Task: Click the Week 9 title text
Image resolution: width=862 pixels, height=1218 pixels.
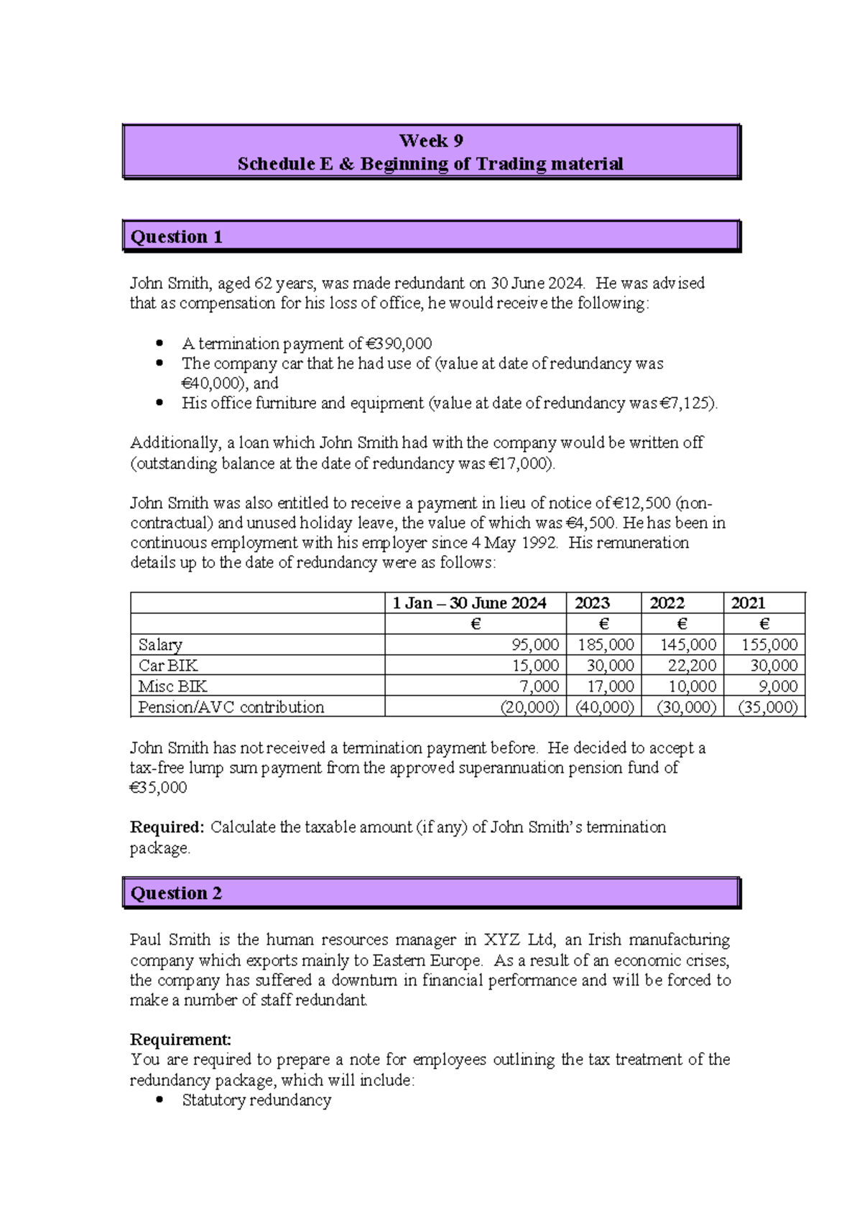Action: (430, 141)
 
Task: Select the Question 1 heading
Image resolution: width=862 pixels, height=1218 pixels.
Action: (176, 237)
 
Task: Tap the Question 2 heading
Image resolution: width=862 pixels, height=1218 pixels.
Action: (176, 893)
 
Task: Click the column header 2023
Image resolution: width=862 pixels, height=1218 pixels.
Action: (592, 603)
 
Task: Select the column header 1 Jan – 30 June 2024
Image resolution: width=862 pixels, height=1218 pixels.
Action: (469, 603)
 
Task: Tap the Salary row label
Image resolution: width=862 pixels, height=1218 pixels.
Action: (160, 645)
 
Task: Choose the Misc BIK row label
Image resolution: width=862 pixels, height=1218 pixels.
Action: (172, 687)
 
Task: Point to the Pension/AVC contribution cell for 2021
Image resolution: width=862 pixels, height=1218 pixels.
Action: (768, 707)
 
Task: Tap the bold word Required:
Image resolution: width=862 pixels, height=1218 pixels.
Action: (167, 827)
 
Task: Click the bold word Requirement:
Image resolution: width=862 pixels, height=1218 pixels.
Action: (180, 1039)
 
